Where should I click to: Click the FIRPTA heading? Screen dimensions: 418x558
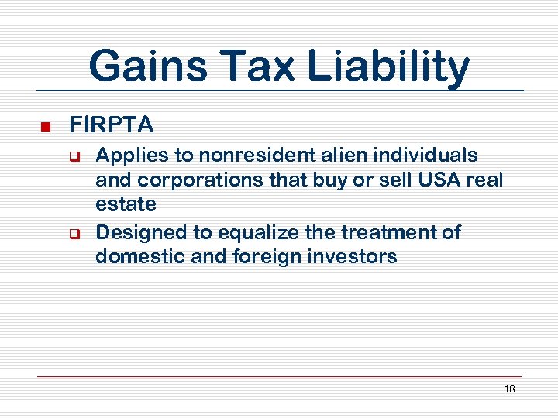click(x=112, y=125)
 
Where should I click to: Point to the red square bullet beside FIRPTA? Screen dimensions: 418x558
click(x=45, y=126)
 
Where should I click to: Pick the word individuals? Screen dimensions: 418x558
click(x=427, y=155)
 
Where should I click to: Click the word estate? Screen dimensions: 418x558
click(x=126, y=204)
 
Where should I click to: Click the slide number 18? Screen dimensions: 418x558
click(x=509, y=389)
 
